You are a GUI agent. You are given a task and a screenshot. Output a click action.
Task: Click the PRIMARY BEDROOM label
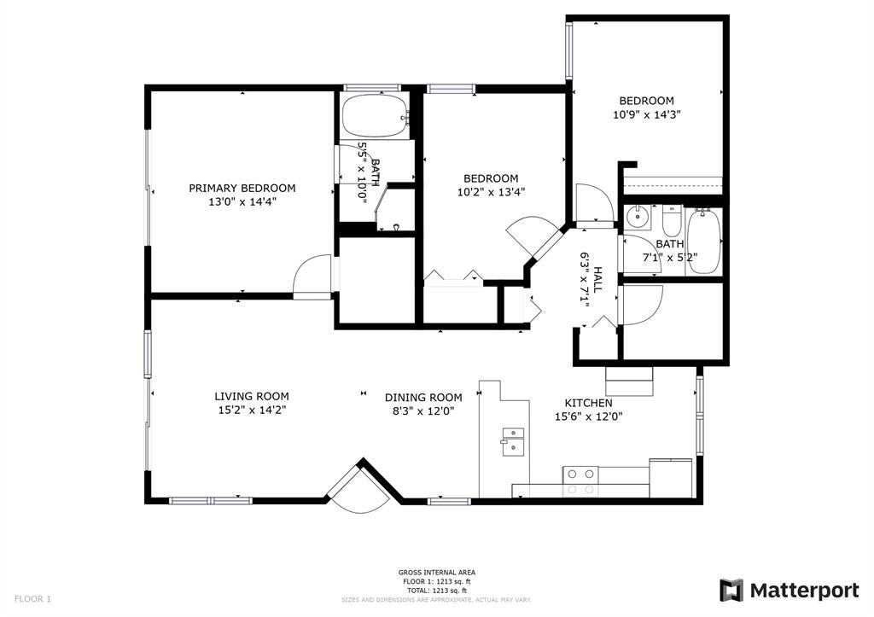tap(242, 189)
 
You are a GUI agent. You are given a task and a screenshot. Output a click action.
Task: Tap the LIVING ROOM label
tap(252, 397)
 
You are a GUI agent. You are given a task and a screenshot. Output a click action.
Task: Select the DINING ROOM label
tap(423, 398)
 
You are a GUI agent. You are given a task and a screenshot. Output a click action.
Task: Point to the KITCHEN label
tap(588, 403)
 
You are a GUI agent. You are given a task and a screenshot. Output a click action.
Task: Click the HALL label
tap(597, 281)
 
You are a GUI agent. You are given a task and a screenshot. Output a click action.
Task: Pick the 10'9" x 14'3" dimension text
tap(647, 115)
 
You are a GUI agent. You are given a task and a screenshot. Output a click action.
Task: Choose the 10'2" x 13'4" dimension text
tap(491, 192)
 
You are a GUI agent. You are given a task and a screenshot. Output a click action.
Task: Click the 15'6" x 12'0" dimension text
tap(588, 416)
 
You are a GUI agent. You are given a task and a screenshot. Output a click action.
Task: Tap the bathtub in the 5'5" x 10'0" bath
tap(376, 117)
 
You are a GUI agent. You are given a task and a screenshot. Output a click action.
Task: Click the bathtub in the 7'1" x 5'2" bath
tap(704, 241)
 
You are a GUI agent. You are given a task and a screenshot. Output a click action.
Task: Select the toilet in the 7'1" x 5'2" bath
tap(672, 221)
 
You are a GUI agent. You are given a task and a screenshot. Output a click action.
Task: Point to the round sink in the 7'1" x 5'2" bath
tap(636, 216)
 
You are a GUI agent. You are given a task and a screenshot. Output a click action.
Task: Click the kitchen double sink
tap(513, 441)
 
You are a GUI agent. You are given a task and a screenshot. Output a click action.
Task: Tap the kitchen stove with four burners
tap(580, 481)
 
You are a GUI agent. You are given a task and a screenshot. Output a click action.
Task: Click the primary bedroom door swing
tap(312, 277)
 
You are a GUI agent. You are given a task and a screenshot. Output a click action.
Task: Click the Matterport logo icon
tap(731, 591)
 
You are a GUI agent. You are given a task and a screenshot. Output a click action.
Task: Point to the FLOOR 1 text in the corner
tap(32, 599)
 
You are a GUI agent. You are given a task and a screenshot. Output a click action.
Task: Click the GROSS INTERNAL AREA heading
tap(436, 573)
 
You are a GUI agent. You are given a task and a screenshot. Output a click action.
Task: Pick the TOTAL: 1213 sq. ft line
tap(436, 591)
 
